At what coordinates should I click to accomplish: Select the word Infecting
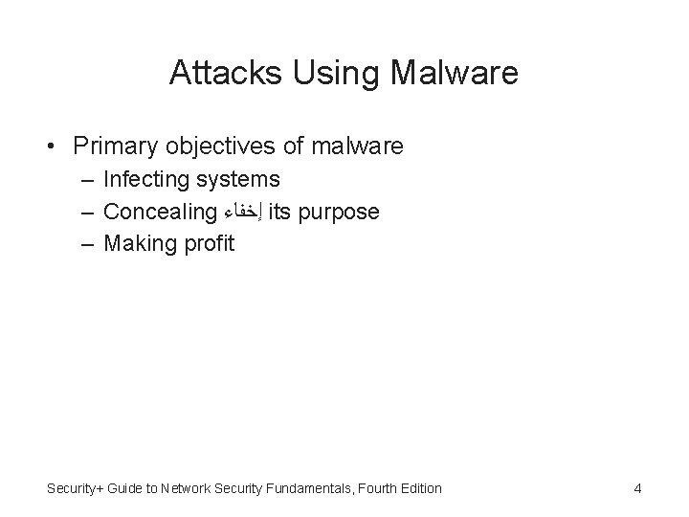pos(145,179)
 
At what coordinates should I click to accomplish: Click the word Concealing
pos(160,211)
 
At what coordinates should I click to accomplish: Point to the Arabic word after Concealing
pos(243,212)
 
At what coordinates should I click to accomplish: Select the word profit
pos(204,243)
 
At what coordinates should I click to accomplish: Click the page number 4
pos(637,488)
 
